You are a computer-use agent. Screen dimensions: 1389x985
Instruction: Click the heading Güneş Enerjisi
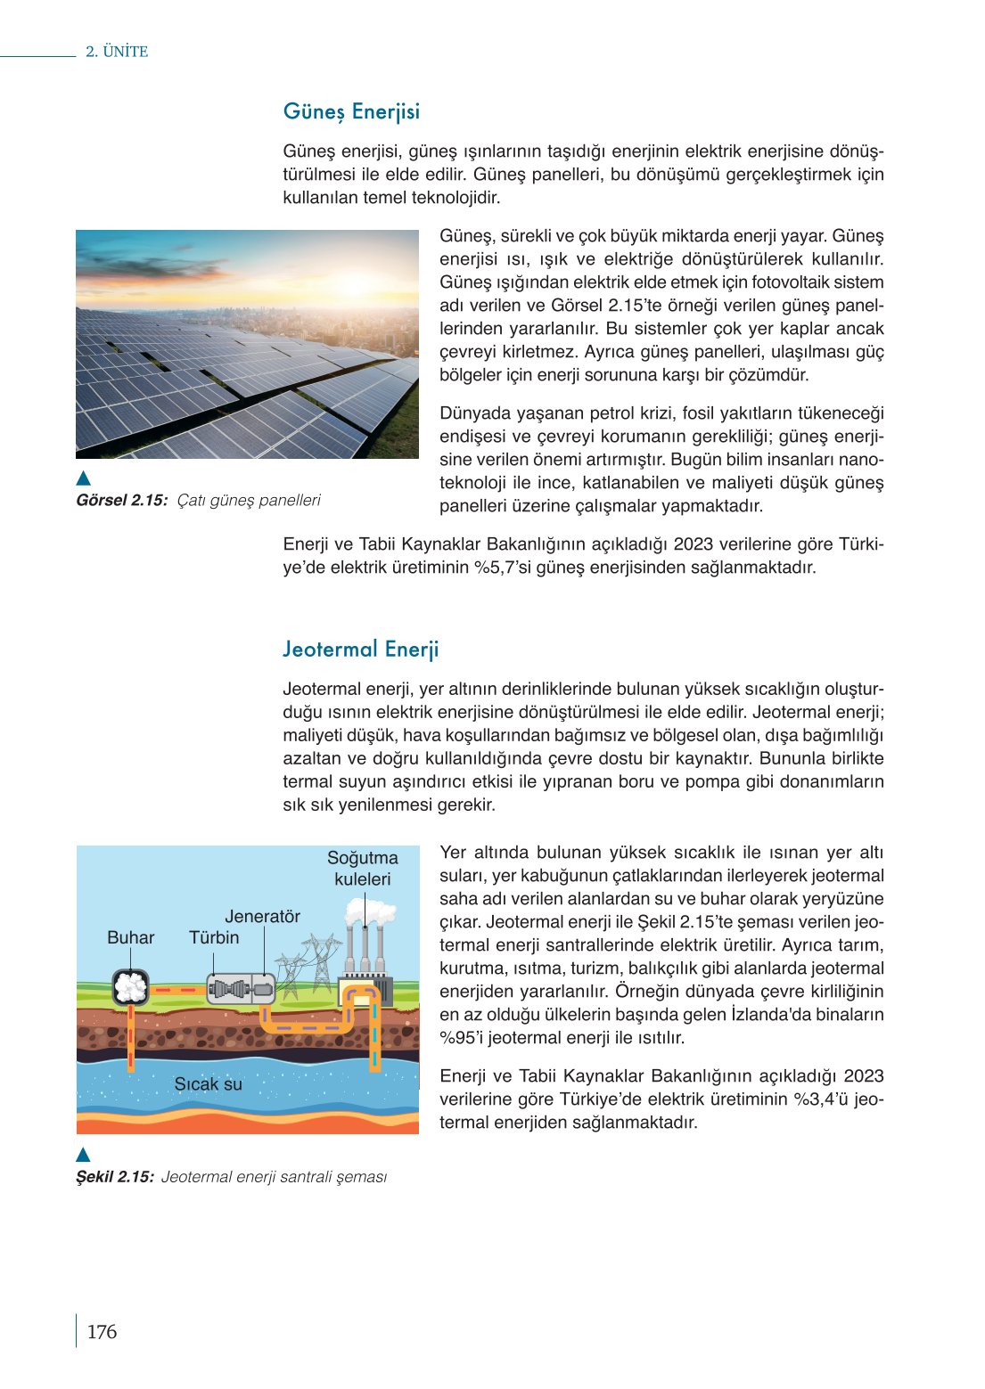click(351, 112)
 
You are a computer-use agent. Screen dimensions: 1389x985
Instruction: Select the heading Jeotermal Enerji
click(360, 650)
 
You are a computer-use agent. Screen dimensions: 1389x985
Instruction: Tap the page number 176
click(102, 1332)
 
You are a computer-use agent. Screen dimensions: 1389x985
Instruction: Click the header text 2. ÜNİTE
click(117, 52)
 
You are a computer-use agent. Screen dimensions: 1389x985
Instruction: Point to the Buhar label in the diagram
click(130, 938)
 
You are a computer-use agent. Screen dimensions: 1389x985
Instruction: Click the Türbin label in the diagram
click(214, 938)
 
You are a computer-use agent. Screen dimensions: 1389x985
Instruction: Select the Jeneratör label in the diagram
click(262, 917)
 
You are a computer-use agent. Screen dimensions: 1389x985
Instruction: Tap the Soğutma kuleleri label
click(362, 869)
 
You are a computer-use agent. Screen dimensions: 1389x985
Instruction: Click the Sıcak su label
click(208, 1084)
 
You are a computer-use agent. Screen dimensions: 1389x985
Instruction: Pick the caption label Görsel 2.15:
click(121, 501)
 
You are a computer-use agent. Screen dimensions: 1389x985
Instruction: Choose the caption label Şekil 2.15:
click(115, 1177)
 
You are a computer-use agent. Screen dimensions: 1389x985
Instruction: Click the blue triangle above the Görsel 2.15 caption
click(84, 478)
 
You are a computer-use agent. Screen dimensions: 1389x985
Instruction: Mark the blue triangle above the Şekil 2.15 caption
click(84, 1156)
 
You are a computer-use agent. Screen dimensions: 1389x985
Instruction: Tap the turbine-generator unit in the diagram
click(242, 988)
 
